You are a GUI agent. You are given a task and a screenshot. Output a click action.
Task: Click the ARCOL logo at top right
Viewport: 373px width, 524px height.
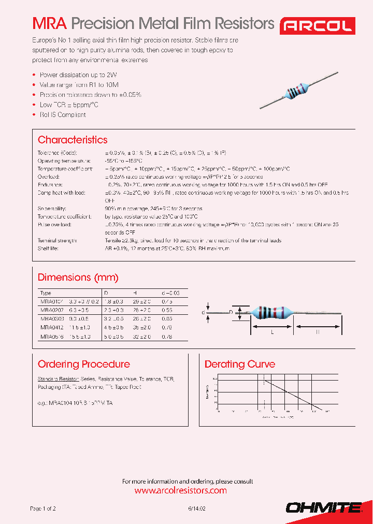coord(318,25)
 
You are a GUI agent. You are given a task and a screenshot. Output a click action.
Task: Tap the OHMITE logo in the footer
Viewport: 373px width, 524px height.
coord(324,508)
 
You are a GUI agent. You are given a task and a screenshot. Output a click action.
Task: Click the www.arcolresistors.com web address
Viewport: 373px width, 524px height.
coord(180,490)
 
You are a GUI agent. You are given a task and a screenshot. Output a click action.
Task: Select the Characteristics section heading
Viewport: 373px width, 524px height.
coord(73,140)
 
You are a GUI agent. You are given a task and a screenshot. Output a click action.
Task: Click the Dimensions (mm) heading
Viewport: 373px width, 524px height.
coord(78,278)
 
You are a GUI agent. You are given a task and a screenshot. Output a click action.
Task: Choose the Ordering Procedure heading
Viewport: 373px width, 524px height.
coord(84,364)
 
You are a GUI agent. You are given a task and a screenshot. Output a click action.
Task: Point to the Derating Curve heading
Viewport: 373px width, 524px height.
coord(240,364)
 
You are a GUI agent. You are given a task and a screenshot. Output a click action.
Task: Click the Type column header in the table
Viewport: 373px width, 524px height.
coord(46,293)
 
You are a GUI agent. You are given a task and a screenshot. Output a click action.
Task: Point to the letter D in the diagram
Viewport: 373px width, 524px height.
coord(231,312)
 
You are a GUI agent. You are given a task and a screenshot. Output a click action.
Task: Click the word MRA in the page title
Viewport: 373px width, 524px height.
coord(50,24)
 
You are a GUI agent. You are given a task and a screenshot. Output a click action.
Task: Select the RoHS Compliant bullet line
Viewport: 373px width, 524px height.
coord(63,114)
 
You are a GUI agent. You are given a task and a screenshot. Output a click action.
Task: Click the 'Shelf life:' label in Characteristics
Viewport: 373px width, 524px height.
coord(49,249)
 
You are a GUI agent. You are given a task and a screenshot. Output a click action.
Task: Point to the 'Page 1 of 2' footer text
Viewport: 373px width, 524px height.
coord(43,509)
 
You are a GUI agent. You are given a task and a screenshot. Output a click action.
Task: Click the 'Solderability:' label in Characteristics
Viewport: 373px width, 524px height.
coord(52,209)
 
